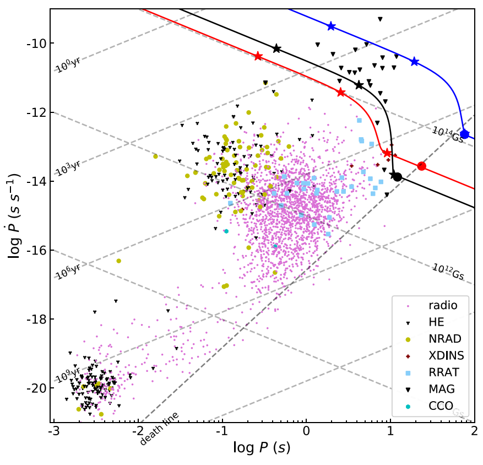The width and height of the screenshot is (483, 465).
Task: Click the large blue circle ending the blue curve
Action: point(465,134)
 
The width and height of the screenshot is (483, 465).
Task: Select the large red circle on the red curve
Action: point(422,166)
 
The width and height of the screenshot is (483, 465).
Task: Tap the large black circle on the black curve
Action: point(397,177)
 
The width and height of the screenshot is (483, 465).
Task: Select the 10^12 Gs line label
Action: point(447,269)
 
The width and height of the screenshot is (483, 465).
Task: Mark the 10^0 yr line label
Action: point(68,65)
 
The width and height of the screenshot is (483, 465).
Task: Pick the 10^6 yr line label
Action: point(68,271)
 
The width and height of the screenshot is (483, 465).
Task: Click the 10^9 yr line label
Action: point(68,374)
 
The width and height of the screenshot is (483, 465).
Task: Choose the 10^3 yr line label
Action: point(68,167)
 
